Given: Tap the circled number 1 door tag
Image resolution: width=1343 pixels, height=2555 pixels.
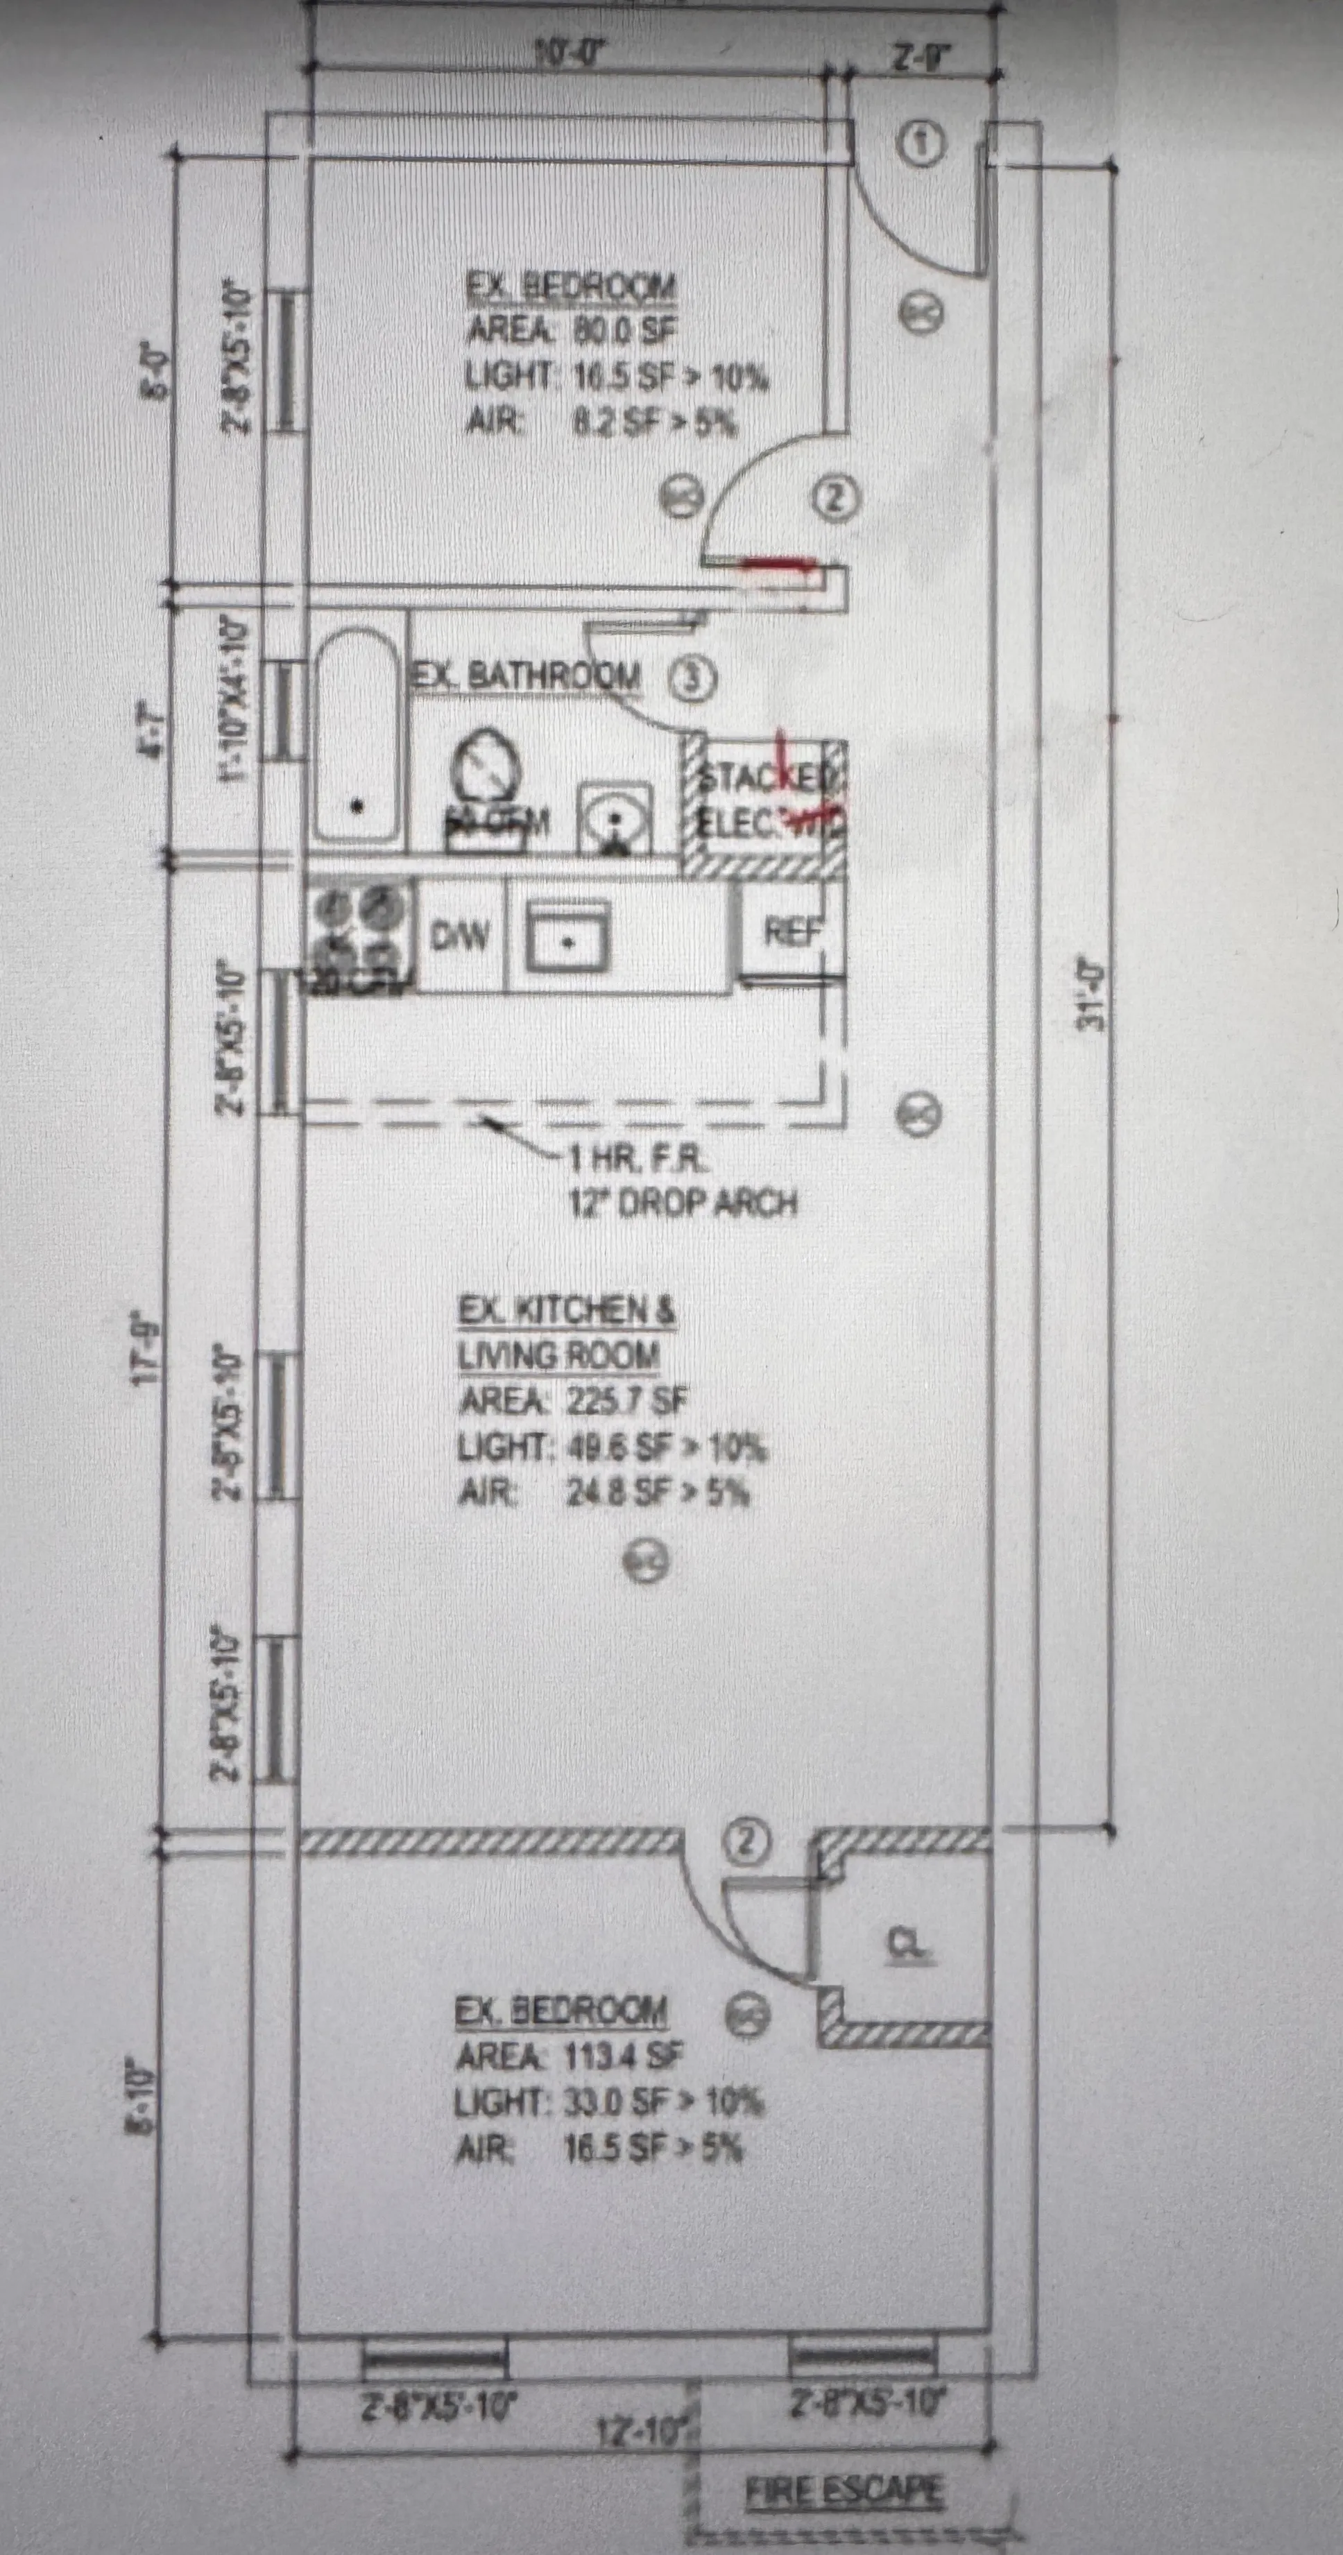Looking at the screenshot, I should [x=923, y=145].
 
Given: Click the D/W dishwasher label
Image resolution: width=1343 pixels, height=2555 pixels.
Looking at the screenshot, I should [x=460, y=934].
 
